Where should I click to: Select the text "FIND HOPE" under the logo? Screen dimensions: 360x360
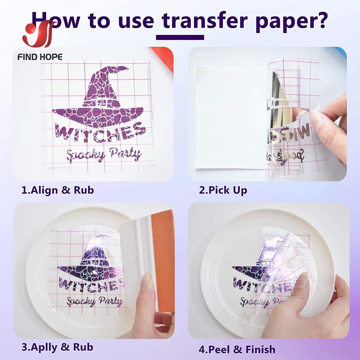40,57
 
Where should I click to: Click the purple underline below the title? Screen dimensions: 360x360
180,37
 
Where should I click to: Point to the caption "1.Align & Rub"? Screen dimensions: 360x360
58,190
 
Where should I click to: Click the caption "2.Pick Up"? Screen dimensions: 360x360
223,190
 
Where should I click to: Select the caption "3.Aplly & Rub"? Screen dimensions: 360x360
57,347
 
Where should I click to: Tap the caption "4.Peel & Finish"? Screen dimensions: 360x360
237,349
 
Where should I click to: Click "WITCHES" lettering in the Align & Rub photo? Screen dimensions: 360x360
100,133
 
